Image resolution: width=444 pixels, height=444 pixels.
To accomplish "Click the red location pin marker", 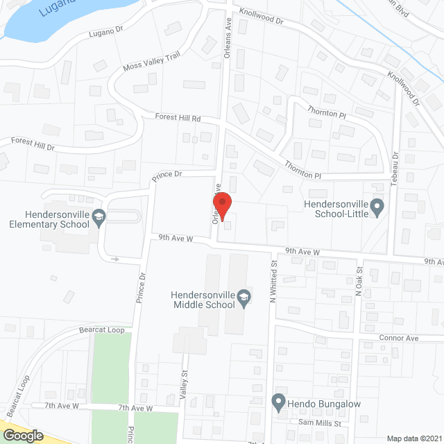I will (222, 207).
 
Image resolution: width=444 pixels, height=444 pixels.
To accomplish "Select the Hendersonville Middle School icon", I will (244, 298).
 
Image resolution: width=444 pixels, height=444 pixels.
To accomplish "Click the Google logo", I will (23, 435).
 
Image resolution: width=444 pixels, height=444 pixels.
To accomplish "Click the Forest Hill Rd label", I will (178, 119).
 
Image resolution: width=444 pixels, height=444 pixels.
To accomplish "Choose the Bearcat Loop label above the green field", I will (101, 330).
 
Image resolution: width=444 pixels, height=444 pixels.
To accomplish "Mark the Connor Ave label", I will (399, 338).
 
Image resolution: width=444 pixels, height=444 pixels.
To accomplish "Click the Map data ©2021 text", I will (413, 438).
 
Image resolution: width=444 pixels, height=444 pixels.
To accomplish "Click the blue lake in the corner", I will (35, 17).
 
